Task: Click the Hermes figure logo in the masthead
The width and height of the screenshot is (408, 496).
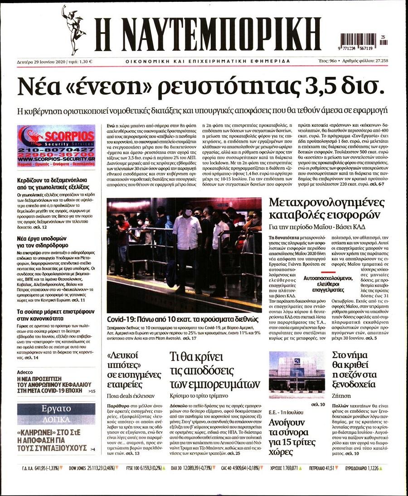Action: tap(73, 30)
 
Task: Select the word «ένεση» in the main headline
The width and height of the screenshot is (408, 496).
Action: tap(103, 86)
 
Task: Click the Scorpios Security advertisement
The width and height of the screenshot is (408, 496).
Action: tap(56, 146)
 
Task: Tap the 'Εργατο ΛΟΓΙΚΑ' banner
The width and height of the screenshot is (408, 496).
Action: tap(56, 413)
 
